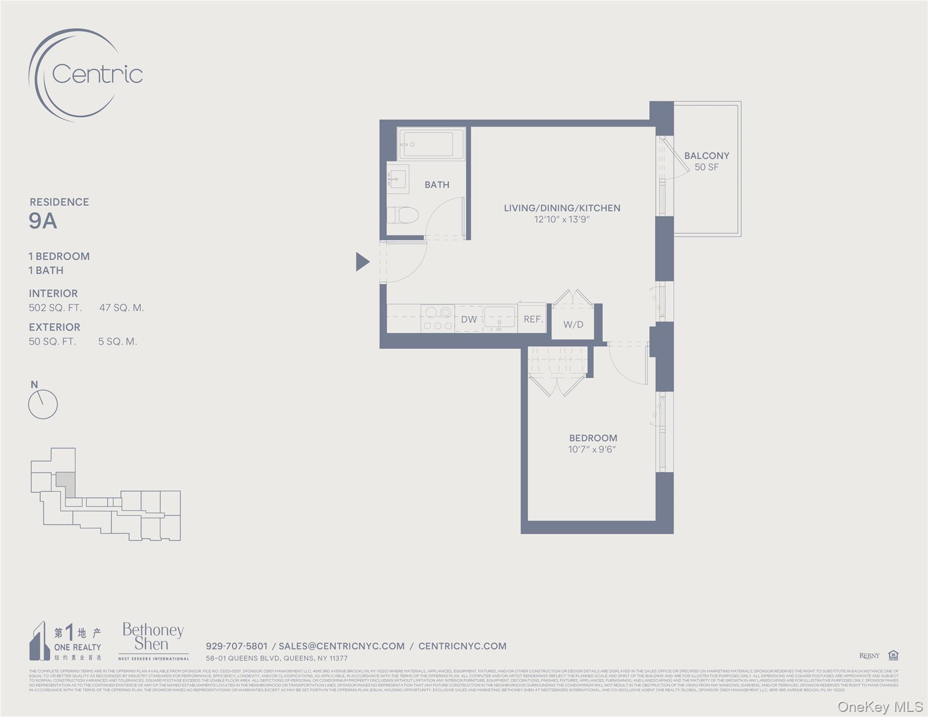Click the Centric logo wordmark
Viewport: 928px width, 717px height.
click(97, 74)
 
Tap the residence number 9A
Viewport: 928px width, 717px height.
click(43, 221)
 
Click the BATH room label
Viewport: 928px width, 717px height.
click(437, 185)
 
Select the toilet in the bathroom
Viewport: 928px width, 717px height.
click(403, 215)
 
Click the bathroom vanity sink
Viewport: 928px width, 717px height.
click(397, 179)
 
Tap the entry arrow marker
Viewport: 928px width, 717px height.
click(362, 261)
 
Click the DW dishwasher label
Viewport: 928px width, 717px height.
click(469, 320)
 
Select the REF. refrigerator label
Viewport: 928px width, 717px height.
click(533, 319)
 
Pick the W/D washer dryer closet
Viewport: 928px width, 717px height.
click(573, 324)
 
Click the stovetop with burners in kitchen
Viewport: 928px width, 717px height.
click(438, 319)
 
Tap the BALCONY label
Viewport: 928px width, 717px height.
click(706, 156)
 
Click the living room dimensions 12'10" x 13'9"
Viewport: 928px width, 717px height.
click(562, 219)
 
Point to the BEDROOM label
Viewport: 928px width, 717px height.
click(593, 438)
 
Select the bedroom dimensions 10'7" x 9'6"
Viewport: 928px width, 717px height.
click(592, 450)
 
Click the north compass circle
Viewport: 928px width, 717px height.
click(43, 404)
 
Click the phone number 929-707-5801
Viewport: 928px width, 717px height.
click(236, 646)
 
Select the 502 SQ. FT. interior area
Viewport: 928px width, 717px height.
click(55, 308)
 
